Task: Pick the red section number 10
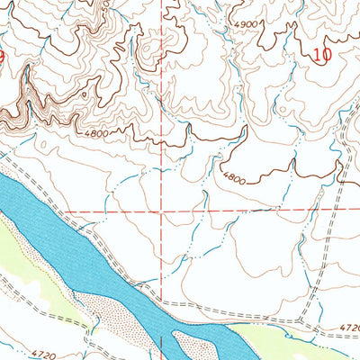[x=322, y=54]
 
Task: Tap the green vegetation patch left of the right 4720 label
[x=270, y=338]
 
